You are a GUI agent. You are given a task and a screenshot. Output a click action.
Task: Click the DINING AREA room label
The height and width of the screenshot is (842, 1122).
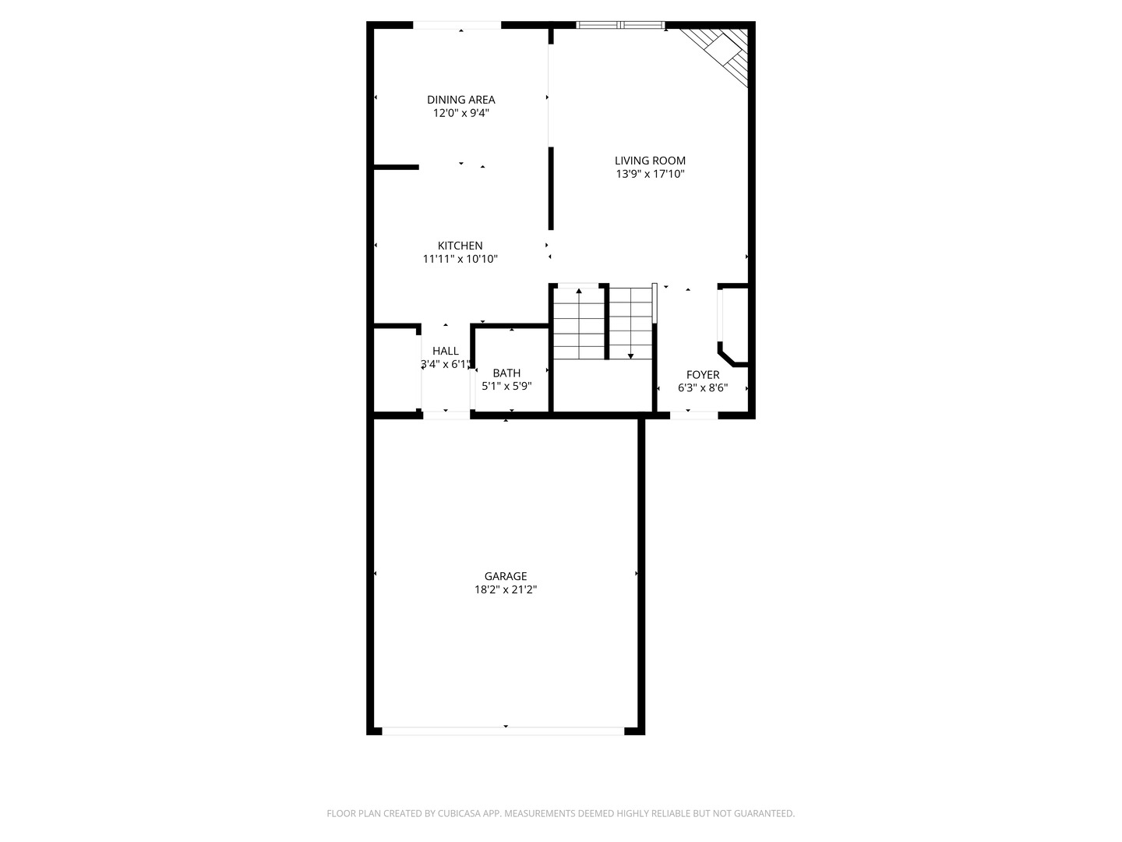[460, 100]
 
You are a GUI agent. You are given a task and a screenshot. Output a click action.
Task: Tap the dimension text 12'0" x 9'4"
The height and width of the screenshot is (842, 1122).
[460, 113]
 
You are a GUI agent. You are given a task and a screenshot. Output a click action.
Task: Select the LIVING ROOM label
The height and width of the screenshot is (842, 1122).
[650, 161]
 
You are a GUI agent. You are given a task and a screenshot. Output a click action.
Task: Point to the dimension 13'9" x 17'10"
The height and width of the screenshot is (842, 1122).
[650, 175]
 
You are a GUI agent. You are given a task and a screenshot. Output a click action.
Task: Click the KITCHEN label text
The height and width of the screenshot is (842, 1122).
[460, 246]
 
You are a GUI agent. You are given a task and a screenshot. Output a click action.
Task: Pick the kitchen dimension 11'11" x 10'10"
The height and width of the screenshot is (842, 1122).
[460, 259]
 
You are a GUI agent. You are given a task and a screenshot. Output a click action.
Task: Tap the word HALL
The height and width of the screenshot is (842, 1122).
[446, 351]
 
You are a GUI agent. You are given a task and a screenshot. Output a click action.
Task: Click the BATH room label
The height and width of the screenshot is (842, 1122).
[506, 373]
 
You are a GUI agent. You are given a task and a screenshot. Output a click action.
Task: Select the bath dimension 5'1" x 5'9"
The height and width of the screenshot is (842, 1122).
[506, 386]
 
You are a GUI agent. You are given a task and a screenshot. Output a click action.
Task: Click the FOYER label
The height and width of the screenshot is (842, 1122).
[703, 374]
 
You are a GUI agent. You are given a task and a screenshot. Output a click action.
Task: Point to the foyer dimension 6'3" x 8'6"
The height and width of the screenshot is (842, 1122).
[703, 387]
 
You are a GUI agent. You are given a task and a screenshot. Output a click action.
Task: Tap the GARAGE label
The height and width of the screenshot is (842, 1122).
[506, 576]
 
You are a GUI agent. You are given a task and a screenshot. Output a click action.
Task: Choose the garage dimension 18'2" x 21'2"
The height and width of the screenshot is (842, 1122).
[506, 590]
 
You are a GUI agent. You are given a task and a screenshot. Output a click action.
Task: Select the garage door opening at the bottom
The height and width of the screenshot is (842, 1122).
[503, 731]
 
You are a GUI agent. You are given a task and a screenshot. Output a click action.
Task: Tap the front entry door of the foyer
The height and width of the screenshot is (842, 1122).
[693, 415]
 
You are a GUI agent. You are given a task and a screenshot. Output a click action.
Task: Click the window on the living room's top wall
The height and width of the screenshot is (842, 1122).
[620, 25]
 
